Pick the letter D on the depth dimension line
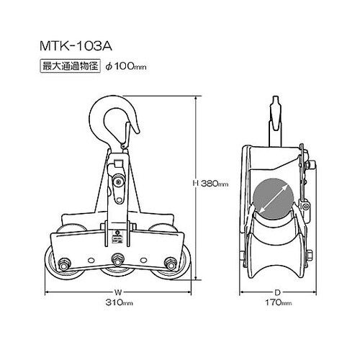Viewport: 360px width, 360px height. (x=275, y=292)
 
